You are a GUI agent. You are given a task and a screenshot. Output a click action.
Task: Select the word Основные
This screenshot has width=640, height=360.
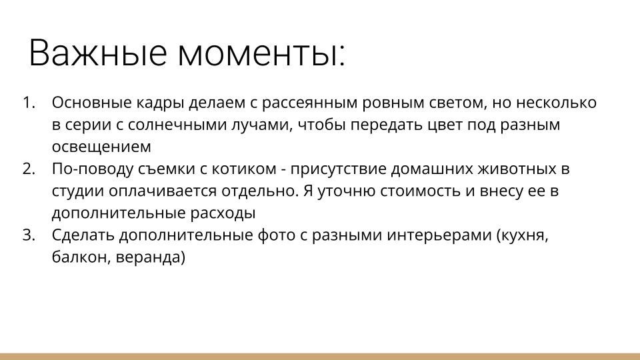click(x=84, y=103)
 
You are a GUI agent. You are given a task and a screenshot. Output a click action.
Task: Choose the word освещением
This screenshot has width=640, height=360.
click(x=101, y=147)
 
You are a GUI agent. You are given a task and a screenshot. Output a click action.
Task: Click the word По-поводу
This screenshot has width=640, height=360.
click(x=86, y=169)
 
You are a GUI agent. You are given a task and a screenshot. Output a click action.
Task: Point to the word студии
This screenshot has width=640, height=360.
click(x=76, y=191)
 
